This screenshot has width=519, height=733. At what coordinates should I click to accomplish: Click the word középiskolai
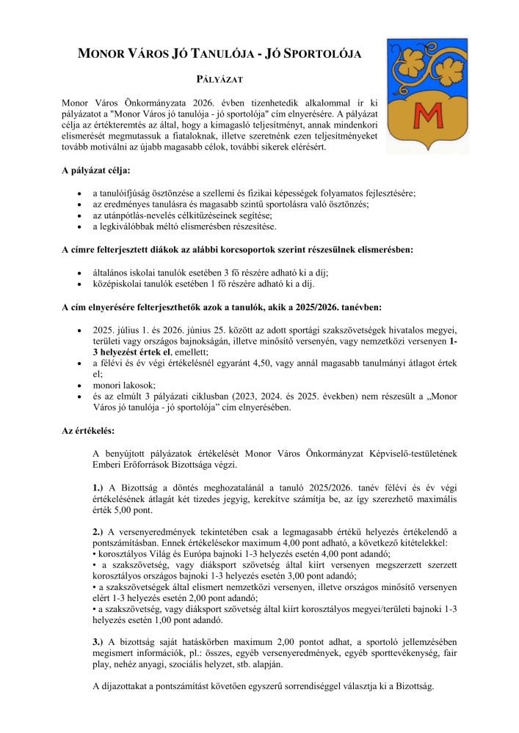(x=117, y=284)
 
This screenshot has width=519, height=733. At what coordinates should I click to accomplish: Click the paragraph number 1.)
(x=99, y=487)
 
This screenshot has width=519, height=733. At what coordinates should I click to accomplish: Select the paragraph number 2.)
(x=99, y=531)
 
